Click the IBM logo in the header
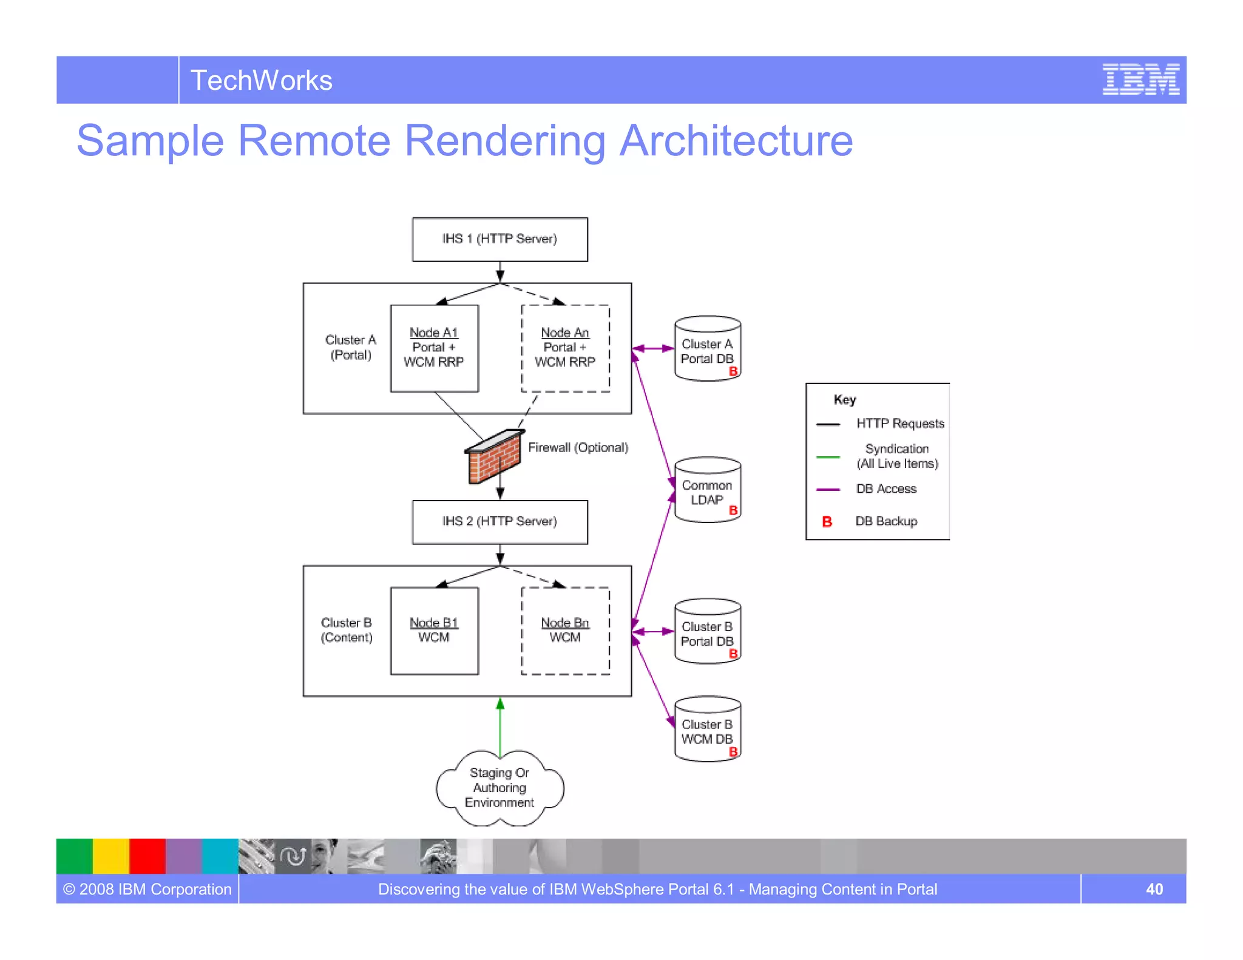click(1140, 79)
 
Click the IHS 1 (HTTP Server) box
click(500, 239)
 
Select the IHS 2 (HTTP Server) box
click(500, 522)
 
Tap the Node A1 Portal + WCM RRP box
click(434, 348)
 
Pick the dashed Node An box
click(565, 348)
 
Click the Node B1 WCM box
click(434, 631)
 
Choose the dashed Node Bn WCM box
click(565, 631)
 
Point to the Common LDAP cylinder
click(707, 490)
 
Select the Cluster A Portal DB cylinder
click(707, 349)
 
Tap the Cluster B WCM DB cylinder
click(707, 729)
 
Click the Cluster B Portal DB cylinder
click(707, 632)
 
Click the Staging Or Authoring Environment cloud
click(500, 788)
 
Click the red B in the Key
click(827, 522)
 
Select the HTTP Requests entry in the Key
click(899, 424)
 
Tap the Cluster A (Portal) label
click(350, 348)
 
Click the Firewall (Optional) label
click(578, 448)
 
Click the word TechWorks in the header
click(261, 81)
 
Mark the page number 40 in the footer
click(1154, 890)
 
